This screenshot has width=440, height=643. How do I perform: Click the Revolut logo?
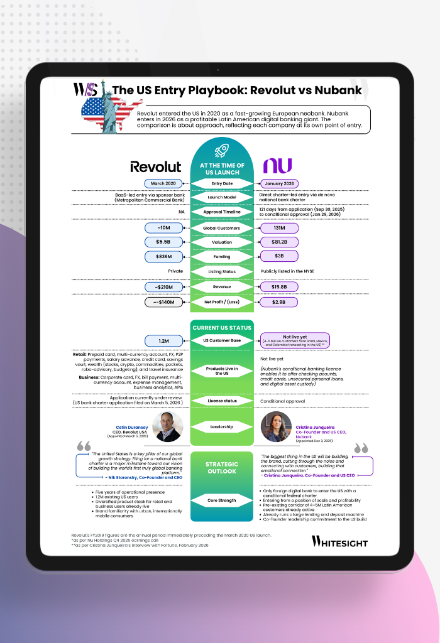click(156, 166)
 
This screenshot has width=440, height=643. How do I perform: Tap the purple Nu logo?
click(277, 166)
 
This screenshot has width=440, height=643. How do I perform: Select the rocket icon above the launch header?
click(222, 149)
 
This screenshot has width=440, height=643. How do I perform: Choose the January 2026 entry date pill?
click(279, 183)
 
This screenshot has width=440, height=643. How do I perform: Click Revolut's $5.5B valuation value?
click(163, 242)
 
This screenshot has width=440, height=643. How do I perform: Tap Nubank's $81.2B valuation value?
click(279, 242)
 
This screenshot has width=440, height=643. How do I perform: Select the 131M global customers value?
click(279, 228)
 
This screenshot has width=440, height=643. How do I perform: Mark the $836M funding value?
click(163, 256)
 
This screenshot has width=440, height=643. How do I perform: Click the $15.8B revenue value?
click(279, 287)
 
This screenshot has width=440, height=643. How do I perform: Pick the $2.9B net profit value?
click(279, 302)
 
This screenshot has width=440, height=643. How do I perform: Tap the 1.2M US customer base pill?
click(163, 340)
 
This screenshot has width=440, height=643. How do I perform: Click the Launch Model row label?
click(222, 198)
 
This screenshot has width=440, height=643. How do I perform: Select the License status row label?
click(222, 401)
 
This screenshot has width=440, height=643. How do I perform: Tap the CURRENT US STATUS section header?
click(222, 327)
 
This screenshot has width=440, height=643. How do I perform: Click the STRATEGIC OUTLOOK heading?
click(222, 468)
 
